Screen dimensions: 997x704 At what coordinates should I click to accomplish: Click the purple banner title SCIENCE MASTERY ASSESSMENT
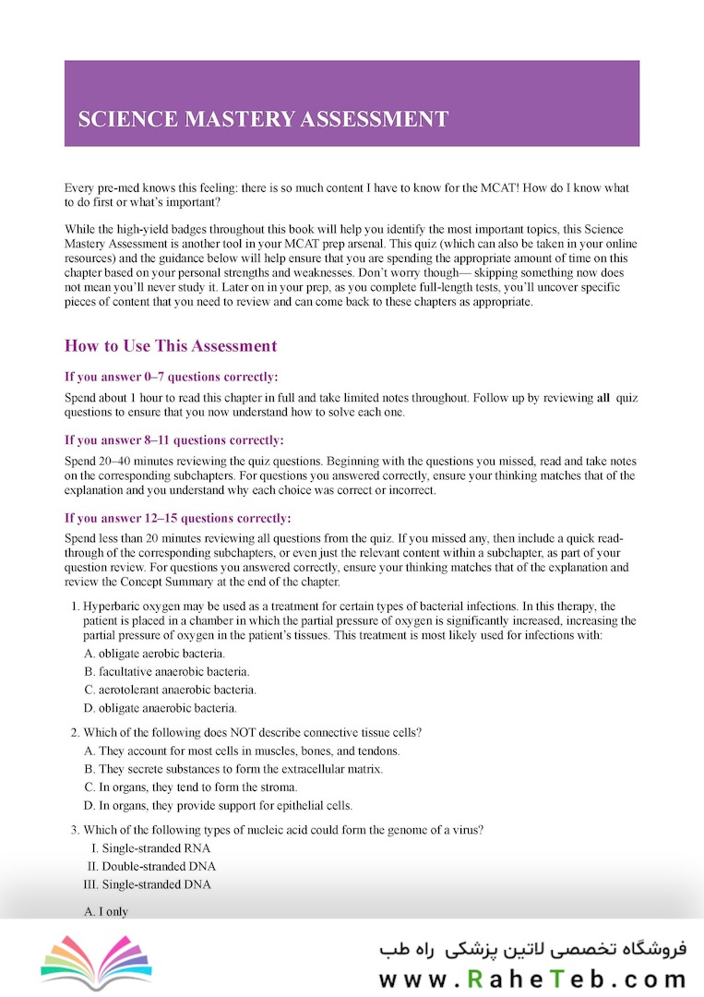click(x=263, y=119)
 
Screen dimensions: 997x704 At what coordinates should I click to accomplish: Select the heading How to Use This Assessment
click(x=171, y=346)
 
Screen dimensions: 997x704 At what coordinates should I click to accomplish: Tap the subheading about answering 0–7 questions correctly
click(x=171, y=377)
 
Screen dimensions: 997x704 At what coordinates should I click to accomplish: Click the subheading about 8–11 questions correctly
click(x=174, y=439)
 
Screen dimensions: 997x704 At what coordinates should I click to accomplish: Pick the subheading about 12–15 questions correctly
click(x=177, y=517)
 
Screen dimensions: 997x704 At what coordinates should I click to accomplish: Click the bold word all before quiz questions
click(x=603, y=398)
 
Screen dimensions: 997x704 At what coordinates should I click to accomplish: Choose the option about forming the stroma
click(x=191, y=787)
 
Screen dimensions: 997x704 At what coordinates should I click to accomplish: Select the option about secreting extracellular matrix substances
click(x=233, y=768)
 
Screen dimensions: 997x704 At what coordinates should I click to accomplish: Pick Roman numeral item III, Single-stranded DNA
click(x=148, y=884)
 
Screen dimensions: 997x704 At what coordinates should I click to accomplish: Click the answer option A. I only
click(x=106, y=911)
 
